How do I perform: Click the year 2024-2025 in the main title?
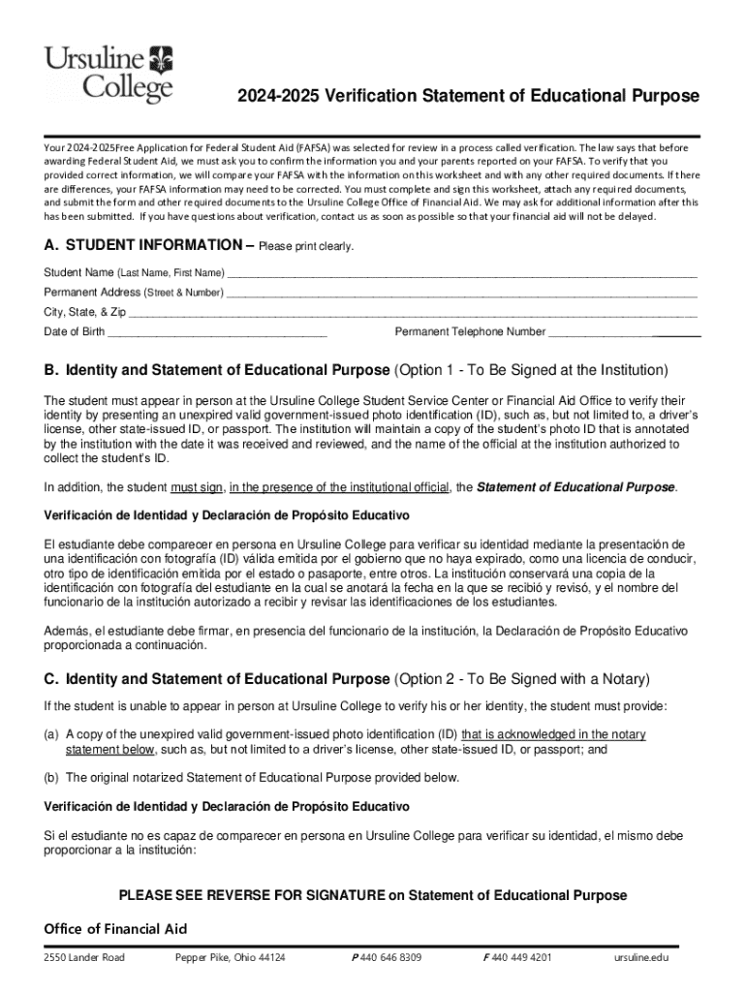point(281,96)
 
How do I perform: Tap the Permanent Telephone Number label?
point(470,332)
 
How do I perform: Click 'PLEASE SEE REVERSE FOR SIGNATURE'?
point(251,895)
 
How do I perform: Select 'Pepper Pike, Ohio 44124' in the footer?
point(230,958)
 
